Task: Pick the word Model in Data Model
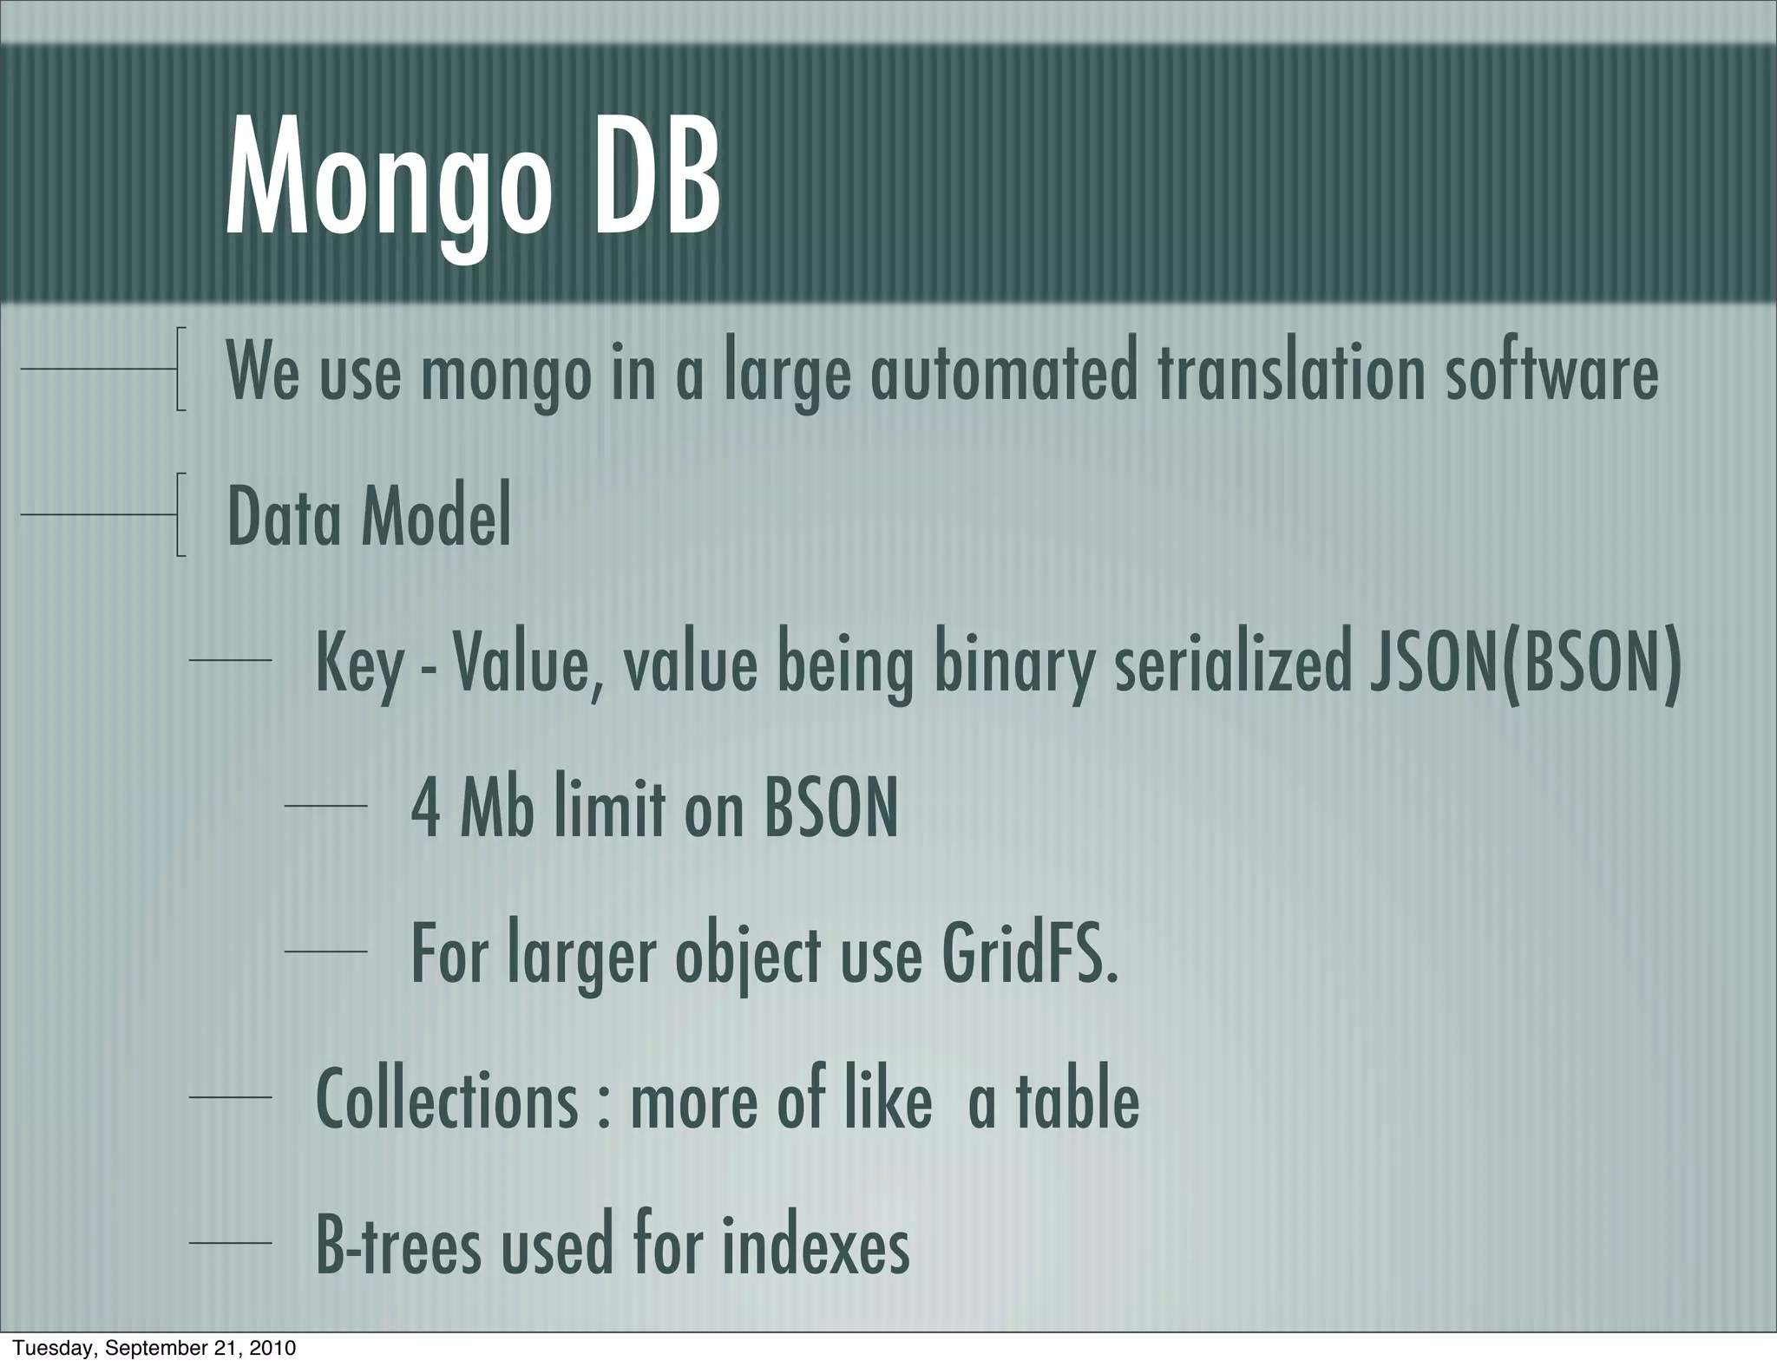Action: click(x=436, y=518)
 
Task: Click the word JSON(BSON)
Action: click(x=1525, y=664)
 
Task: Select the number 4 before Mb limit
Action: click(x=426, y=809)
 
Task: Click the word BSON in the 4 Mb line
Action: click(x=830, y=809)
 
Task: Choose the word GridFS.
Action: click(x=1029, y=955)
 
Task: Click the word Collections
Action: click(x=447, y=1100)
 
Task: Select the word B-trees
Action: click(x=397, y=1246)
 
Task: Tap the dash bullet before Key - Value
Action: click(x=230, y=661)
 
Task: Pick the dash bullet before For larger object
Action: click(x=325, y=952)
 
